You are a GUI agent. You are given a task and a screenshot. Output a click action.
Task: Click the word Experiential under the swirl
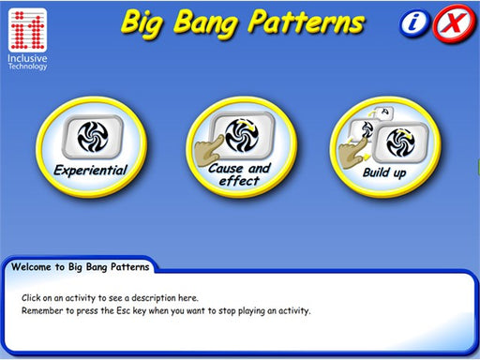point(90,171)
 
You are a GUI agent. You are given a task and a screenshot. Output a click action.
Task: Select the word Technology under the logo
point(29,67)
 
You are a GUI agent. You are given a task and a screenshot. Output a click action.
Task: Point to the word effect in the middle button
point(240,181)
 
